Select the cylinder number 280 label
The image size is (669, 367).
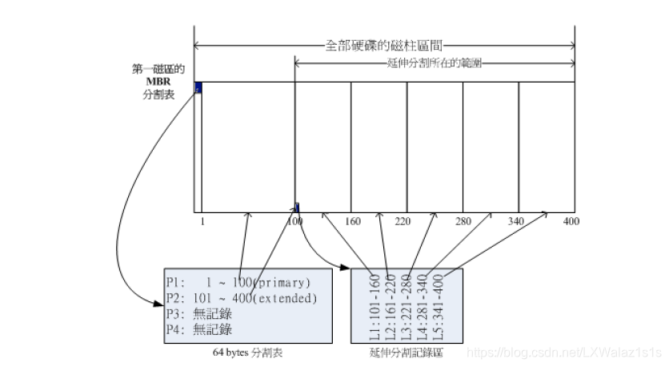click(463, 221)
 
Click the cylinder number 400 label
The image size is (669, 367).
click(571, 221)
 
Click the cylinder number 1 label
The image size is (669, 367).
click(203, 221)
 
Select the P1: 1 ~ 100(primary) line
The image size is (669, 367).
click(238, 284)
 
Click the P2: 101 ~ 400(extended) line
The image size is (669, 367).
click(242, 299)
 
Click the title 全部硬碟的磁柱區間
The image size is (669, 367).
click(384, 46)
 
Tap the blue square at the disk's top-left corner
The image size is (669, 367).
click(198, 88)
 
